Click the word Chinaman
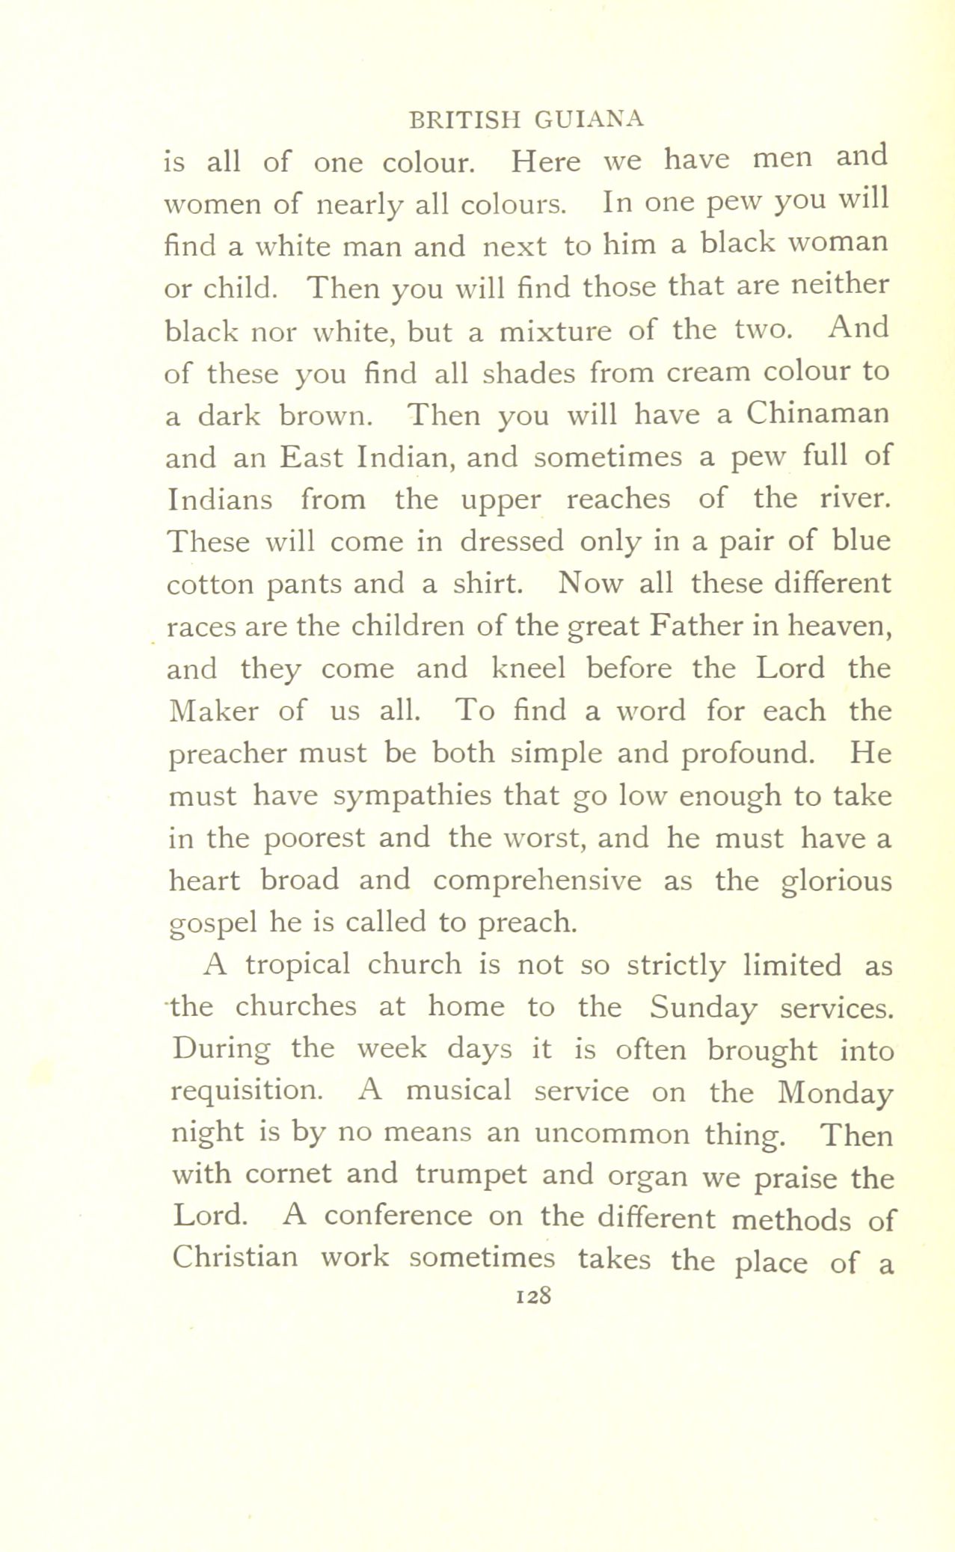pos(816,413)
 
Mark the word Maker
pos(214,710)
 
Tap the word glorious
pos(837,881)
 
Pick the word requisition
pos(247,1091)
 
